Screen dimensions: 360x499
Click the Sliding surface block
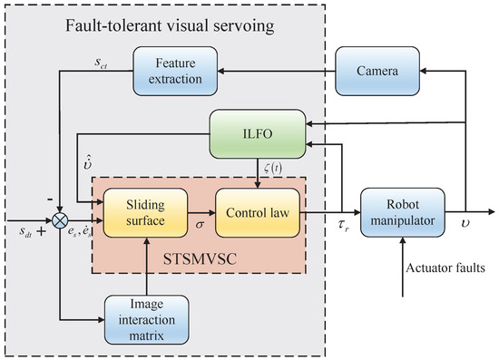point(145,211)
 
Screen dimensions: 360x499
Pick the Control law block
point(257,211)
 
